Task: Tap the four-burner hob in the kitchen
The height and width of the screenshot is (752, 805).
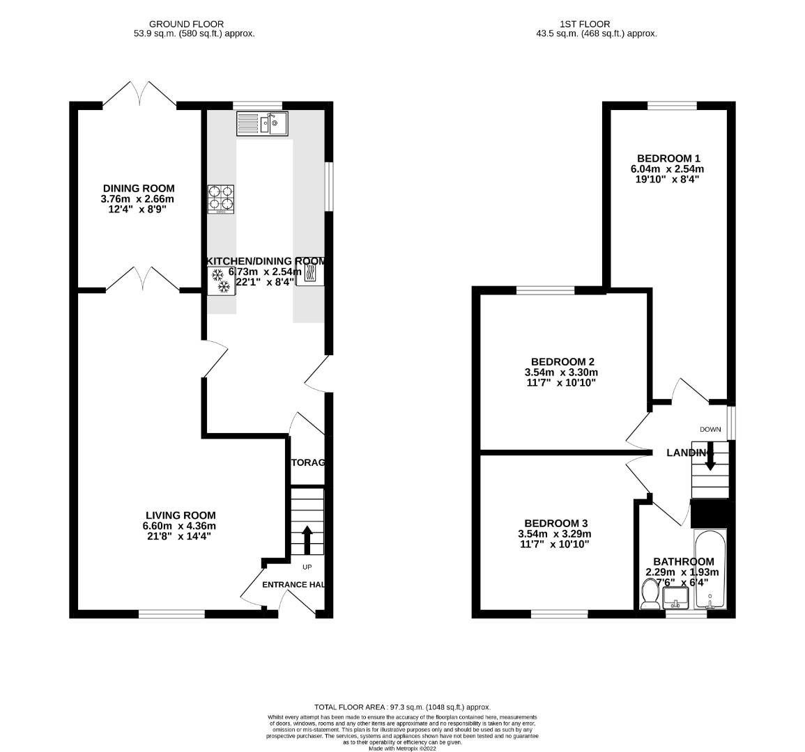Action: pos(220,198)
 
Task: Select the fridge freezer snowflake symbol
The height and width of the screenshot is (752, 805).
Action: pos(220,281)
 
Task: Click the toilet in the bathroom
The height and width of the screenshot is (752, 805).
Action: pos(650,595)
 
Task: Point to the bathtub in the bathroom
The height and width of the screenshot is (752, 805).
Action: pos(710,570)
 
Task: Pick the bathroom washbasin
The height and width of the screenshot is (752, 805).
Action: pos(675,597)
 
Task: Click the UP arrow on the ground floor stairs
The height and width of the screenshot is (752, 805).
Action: pos(307,539)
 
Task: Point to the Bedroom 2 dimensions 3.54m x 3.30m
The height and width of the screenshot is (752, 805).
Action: pos(561,373)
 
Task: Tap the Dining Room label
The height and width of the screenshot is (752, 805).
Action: pos(139,188)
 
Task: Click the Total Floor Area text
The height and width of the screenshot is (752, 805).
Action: pos(402,706)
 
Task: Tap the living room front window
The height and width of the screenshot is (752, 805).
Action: pos(171,613)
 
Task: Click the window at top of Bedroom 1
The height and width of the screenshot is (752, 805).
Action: pos(672,106)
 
